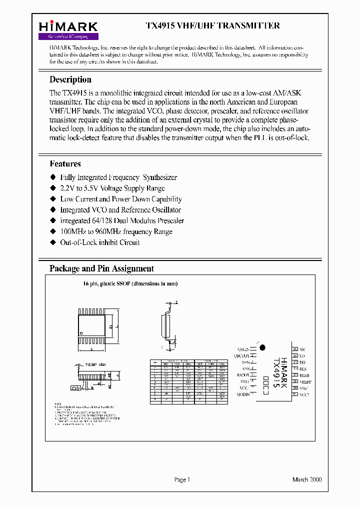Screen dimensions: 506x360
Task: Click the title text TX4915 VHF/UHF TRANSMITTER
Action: coord(212,26)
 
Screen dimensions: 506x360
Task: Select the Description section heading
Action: coord(70,79)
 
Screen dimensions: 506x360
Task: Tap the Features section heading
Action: coord(65,163)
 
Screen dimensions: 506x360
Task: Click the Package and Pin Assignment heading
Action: coord(101,268)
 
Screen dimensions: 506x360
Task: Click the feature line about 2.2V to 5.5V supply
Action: coord(112,188)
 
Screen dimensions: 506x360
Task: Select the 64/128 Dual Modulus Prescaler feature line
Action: coord(122,220)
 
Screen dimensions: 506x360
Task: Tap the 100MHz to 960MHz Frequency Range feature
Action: coord(116,231)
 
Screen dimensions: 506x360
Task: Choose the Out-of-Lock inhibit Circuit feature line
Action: coord(99,242)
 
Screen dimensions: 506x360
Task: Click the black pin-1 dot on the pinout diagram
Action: coord(262,347)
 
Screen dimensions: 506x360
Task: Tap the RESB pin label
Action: coord(304,374)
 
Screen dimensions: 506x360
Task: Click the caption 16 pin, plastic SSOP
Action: coord(130,283)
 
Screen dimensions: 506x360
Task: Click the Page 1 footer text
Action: coord(182,479)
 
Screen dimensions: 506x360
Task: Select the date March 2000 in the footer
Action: coord(306,479)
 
